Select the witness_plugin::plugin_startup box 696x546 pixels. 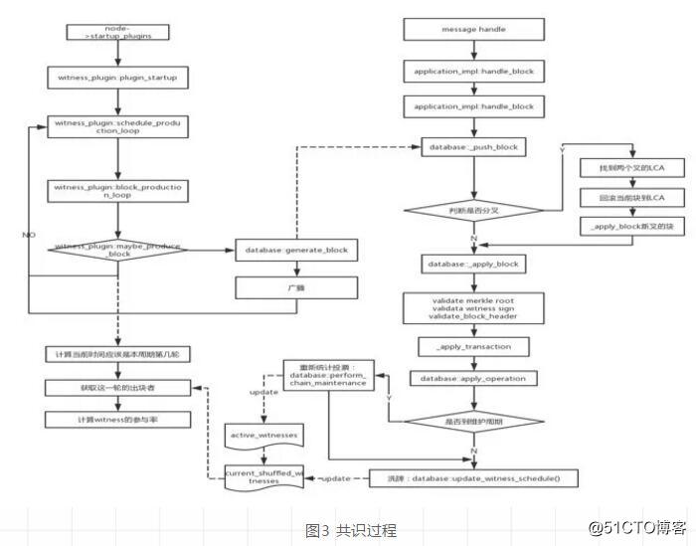click(118, 76)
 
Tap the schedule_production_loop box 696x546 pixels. click(118, 128)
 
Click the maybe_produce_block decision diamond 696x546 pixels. click(118, 249)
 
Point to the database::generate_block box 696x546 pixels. click(294, 249)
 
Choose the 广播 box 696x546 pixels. click(294, 287)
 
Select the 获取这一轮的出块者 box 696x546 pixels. click(118, 387)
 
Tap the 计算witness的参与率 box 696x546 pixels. click(118, 420)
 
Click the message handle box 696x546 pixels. click(473, 30)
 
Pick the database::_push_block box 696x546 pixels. click(473, 147)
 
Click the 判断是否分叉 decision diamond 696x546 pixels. click(473, 211)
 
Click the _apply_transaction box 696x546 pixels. click(473, 347)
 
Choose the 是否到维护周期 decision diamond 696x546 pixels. click(473, 421)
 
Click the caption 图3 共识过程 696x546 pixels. click(350, 529)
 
